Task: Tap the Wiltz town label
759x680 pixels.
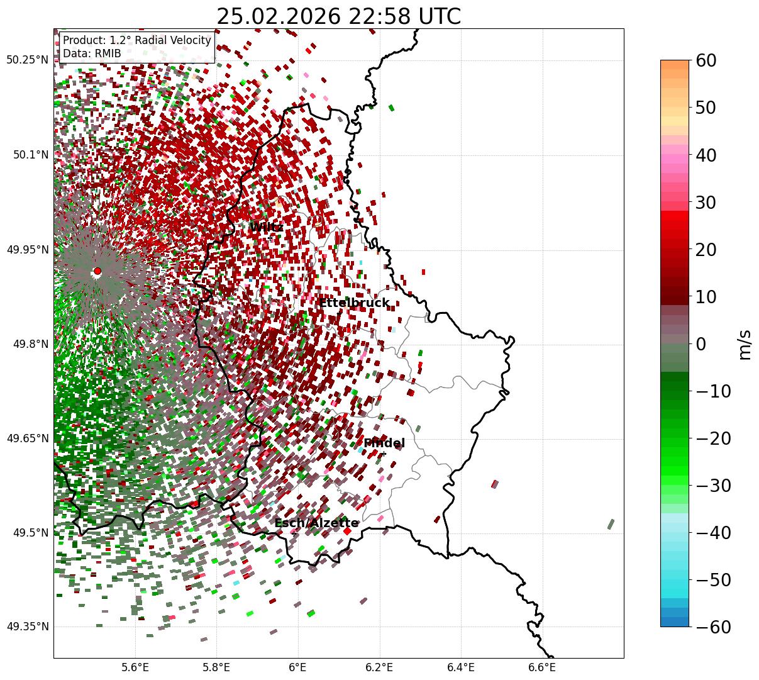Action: (x=266, y=227)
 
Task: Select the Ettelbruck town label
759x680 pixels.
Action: (x=354, y=303)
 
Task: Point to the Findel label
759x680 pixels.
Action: (x=384, y=443)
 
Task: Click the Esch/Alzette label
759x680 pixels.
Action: (x=316, y=523)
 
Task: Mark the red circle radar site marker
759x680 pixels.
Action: (x=97, y=271)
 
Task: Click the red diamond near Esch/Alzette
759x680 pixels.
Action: (x=347, y=531)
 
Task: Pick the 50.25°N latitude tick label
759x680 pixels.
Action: (x=27, y=60)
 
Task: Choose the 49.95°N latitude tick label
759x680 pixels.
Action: (x=27, y=250)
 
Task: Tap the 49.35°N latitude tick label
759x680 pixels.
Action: (x=27, y=627)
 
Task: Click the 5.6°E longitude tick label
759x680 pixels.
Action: (x=135, y=667)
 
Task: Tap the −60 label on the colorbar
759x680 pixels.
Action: (x=714, y=627)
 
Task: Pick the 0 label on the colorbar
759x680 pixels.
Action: (x=701, y=344)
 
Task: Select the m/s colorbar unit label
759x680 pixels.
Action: (x=745, y=344)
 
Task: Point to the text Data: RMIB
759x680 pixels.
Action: (x=92, y=54)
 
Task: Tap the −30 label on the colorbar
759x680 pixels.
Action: (x=714, y=486)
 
